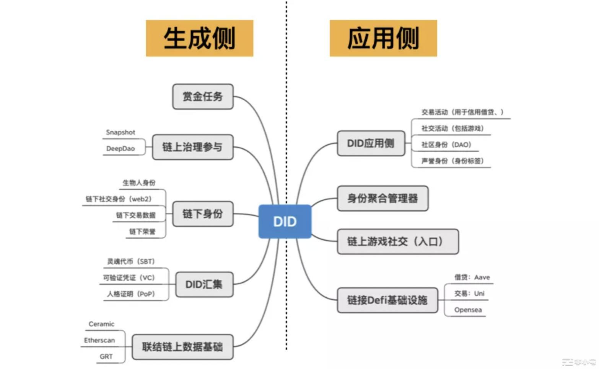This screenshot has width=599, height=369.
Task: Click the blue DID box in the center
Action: [x=285, y=221]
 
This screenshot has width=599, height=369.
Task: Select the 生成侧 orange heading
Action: [x=199, y=38]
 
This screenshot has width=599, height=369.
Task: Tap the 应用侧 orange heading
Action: [x=383, y=38]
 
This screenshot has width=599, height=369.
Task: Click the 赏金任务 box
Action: [x=203, y=97]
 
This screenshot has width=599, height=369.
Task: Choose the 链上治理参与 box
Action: [x=192, y=147]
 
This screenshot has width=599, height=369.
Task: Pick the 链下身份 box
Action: [x=203, y=214]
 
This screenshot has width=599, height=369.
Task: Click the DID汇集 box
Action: [x=204, y=284]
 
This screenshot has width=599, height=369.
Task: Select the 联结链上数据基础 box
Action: [x=182, y=347]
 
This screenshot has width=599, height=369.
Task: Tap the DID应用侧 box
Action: [x=371, y=143]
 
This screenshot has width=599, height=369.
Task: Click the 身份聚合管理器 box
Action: [x=383, y=198]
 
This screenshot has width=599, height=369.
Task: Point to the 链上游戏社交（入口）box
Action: [x=397, y=241]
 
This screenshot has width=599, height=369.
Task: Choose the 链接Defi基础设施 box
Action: [x=387, y=300]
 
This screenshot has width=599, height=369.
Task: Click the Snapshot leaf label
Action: [x=120, y=132]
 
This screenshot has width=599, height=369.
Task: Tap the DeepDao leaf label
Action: [x=120, y=149]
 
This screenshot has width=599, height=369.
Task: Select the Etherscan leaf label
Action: [x=99, y=340]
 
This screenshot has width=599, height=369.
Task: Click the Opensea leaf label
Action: [x=468, y=310]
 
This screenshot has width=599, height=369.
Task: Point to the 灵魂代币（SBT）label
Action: [x=131, y=261]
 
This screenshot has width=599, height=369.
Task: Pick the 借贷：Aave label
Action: [x=472, y=277]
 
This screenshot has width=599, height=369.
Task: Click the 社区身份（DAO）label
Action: [x=446, y=145]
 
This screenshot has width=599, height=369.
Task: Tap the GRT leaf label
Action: [x=106, y=356]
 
